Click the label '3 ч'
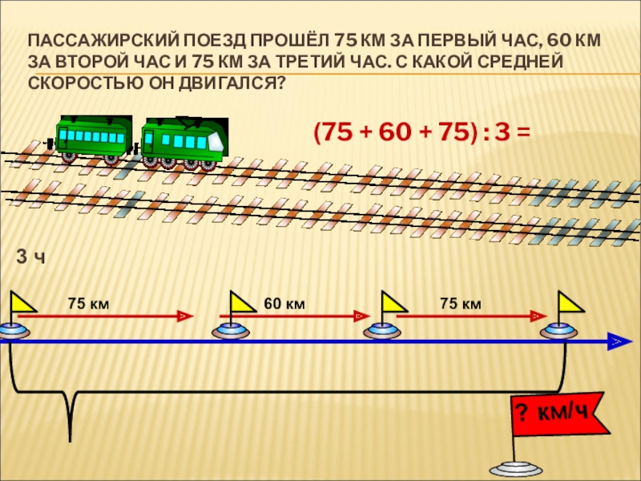[x=30, y=257]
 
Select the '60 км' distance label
[x=284, y=303]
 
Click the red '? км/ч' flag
[x=551, y=414]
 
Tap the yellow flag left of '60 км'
[x=241, y=302]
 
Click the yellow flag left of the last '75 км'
[x=393, y=302]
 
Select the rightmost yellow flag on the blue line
[x=570, y=302]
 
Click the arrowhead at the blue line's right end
[x=616, y=342]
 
